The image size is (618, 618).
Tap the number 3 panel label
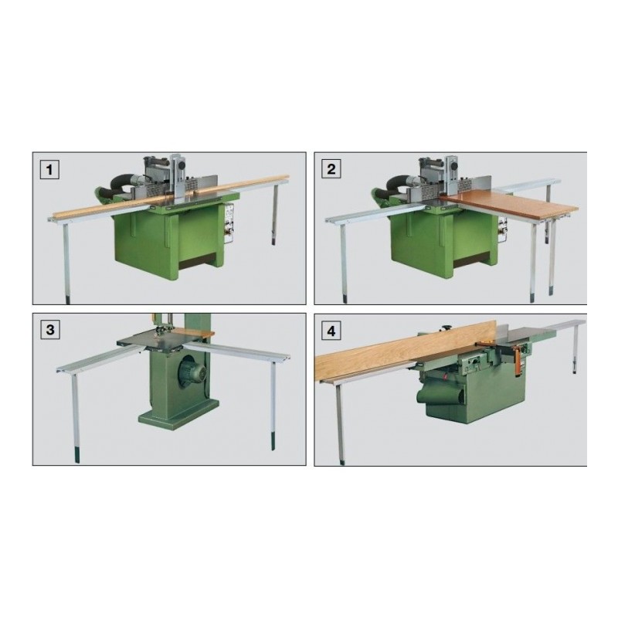pyautogui.click(x=50, y=331)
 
